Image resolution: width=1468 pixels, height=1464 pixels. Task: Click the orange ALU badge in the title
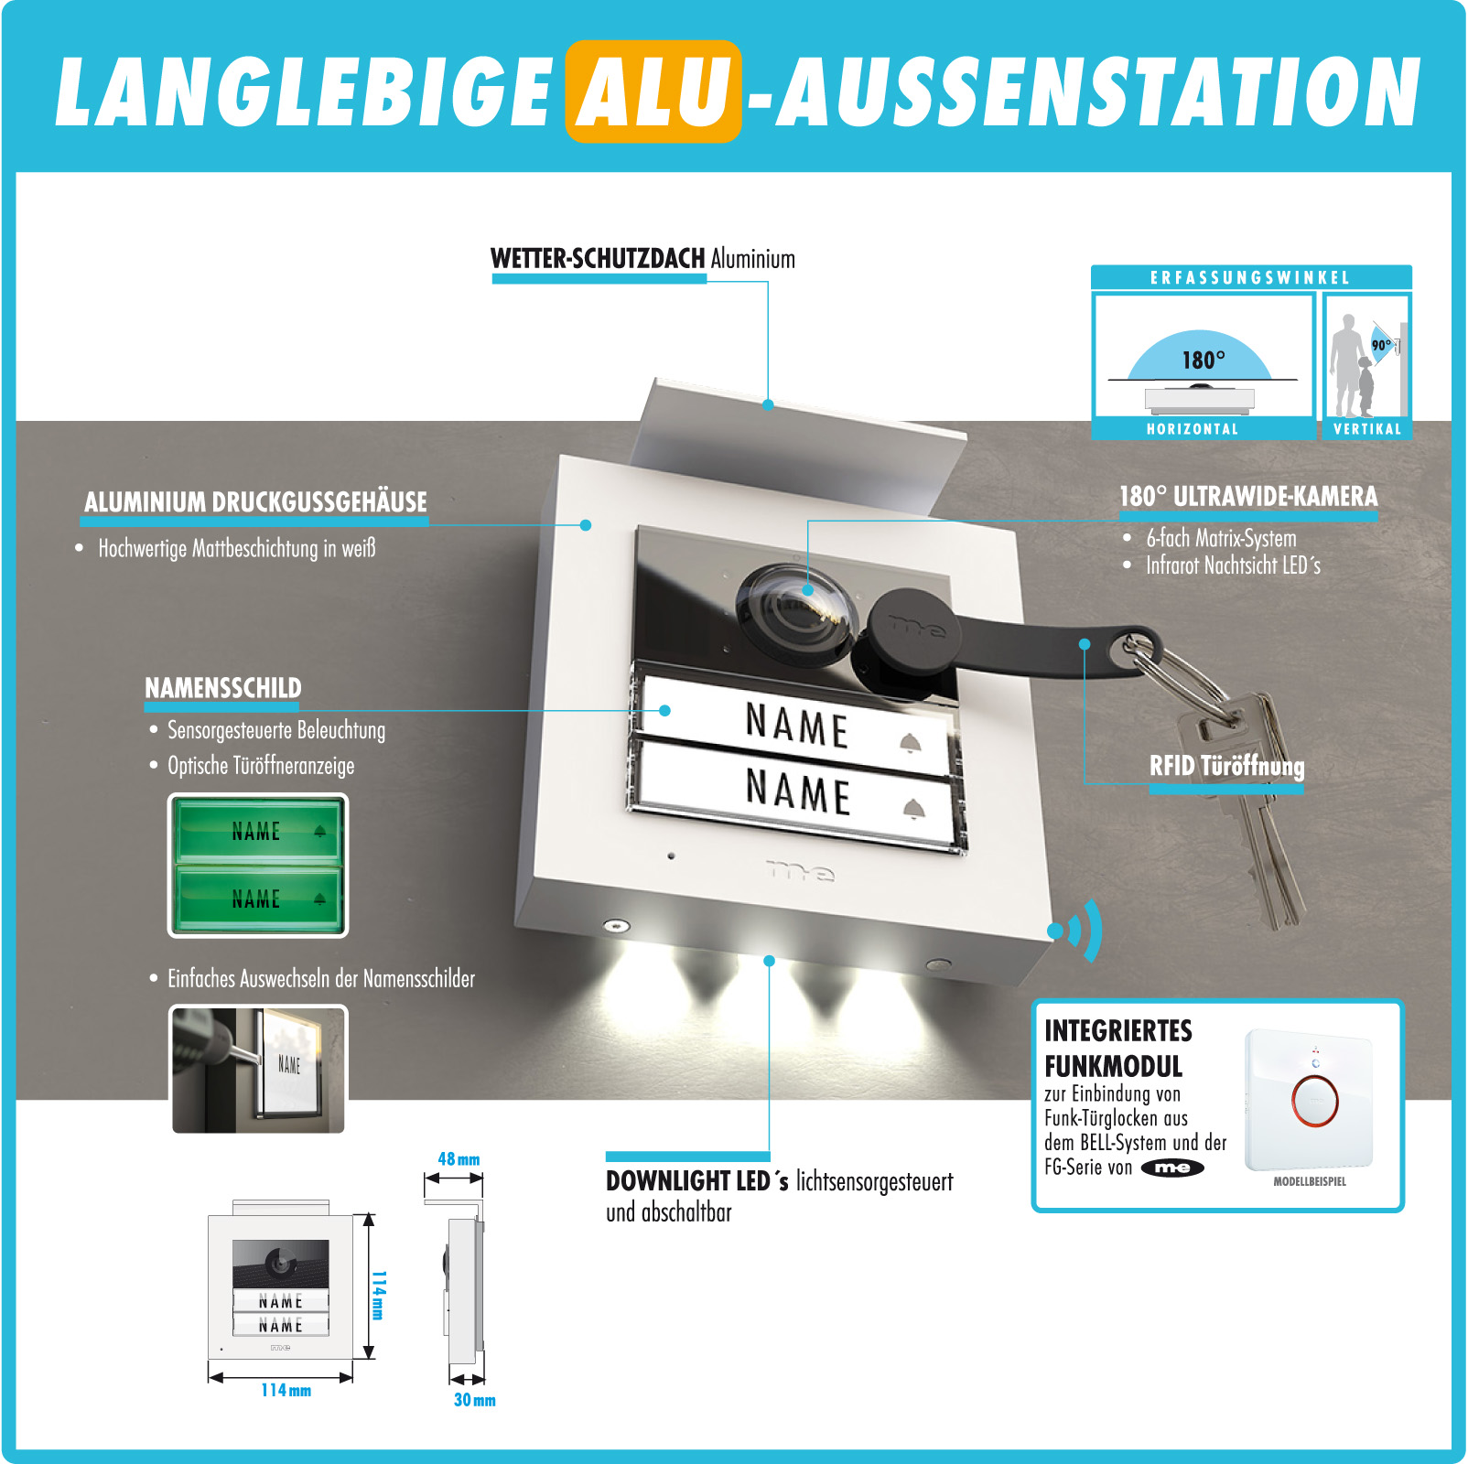tap(653, 91)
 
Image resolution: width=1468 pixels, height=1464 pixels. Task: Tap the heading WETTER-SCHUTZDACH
tap(597, 259)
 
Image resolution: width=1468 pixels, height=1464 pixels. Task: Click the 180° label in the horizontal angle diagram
tap(1203, 360)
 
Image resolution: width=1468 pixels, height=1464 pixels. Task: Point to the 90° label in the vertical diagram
tap(1380, 345)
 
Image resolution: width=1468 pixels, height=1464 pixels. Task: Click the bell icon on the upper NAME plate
tap(909, 742)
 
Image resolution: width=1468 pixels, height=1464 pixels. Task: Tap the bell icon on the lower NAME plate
tap(913, 808)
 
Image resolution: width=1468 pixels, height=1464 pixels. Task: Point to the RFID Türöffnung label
tap(1226, 766)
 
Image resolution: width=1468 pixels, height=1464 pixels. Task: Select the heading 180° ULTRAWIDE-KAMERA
tap(1248, 496)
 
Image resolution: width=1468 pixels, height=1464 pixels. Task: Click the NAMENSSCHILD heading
tap(222, 688)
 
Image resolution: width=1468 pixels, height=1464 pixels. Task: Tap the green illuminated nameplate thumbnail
tap(258, 866)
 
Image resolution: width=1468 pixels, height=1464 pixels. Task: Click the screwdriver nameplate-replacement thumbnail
tap(258, 1069)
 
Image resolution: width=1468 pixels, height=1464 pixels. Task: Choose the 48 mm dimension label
tap(459, 1159)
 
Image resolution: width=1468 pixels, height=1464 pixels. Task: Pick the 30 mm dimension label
tap(474, 1400)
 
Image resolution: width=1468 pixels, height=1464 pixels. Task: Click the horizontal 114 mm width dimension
tap(286, 1390)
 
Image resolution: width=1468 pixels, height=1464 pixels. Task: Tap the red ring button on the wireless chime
tap(1314, 1099)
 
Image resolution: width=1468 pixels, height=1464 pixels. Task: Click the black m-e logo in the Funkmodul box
tap(1172, 1168)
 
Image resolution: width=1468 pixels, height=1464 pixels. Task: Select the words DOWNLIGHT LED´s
tap(696, 1181)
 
